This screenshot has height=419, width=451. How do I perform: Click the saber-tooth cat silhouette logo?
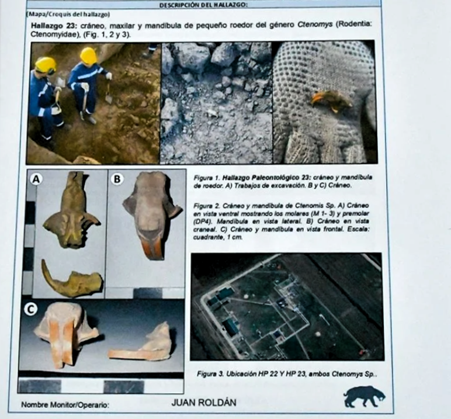(x=364, y=397)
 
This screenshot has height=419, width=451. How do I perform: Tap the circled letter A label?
(x=36, y=179)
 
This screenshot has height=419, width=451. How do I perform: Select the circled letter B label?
(x=117, y=179)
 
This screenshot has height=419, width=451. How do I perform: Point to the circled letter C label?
(x=30, y=309)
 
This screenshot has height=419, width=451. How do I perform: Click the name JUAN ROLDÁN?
(x=204, y=402)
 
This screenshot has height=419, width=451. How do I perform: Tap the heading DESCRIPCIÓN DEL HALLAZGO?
(x=203, y=5)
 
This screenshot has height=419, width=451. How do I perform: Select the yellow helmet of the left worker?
(x=46, y=64)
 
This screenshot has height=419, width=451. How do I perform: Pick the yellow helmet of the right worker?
(x=88, y=56)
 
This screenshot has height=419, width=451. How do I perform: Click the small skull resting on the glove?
(x=331, y=100)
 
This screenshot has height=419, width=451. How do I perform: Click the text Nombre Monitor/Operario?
(x=65, y=405)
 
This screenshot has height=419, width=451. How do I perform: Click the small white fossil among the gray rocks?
(x=213, y=113)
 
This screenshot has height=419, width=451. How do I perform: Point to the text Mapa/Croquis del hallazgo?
(x=68, y=14)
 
